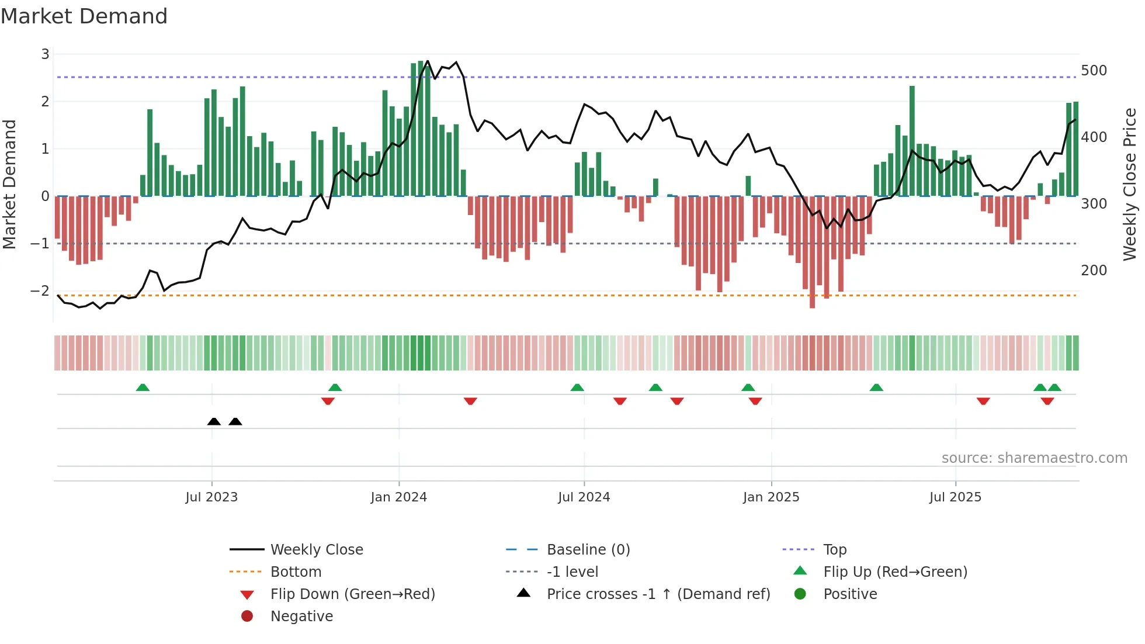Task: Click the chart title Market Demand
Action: [84, 16]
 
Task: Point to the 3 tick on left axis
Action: [45, 54]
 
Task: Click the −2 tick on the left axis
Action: [40, 290]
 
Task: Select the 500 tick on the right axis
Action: [1094, 71]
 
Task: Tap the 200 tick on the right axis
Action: [1094, 271]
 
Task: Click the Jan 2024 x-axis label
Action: [398, 497]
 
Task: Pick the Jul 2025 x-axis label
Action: [955, 497]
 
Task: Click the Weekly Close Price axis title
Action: [1130, 184]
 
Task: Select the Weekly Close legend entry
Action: [316, 550]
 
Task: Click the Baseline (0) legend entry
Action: [588, 550]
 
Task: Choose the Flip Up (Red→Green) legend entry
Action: [895, 572]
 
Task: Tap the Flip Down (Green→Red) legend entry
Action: [352, 594]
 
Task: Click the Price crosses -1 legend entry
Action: [658, 594]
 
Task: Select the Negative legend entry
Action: [301, 617]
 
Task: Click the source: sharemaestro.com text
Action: [1034, 458]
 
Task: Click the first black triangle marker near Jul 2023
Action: [214, 422]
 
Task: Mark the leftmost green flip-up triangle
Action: [143, 387]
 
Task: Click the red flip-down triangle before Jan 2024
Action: [328, 401]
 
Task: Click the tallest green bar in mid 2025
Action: [912, 140]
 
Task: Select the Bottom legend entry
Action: [296, 572]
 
